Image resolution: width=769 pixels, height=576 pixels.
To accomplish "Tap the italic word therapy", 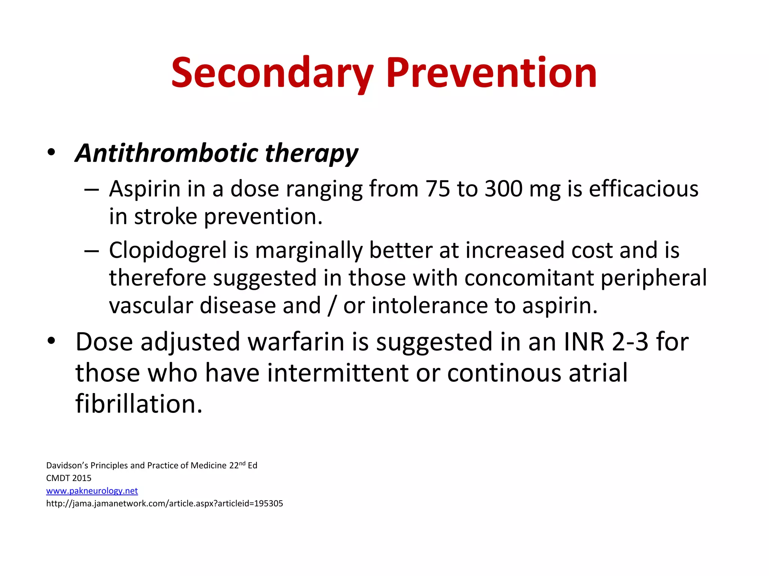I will [311, 154].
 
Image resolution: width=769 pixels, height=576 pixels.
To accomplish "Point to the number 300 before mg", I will [503, 189].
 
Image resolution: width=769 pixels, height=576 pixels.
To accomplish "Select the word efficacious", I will [643, 189].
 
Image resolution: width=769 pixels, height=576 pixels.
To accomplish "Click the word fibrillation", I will [139, 404].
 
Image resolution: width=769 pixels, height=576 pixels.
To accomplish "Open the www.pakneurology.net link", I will [92, 491].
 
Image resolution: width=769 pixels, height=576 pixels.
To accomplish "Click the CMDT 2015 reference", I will [69, 478].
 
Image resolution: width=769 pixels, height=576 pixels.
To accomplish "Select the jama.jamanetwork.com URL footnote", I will [164, 504].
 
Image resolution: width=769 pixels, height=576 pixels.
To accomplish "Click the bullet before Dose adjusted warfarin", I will [51, 340].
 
